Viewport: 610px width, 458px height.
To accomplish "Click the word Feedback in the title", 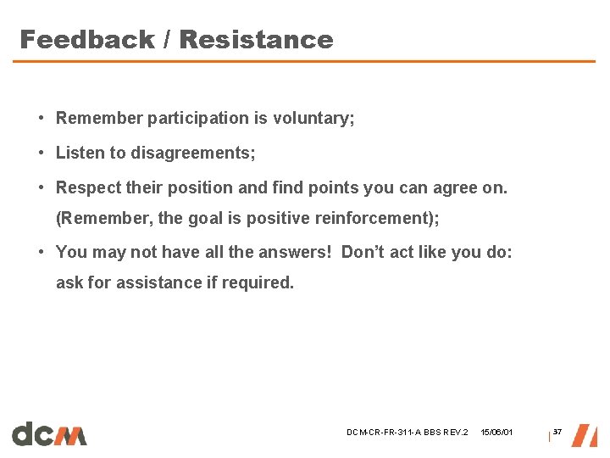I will click(x=86, y=40).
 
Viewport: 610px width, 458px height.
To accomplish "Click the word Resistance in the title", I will click(x=256, y=40).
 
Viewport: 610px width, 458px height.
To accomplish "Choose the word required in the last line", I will click(x=261, y=282).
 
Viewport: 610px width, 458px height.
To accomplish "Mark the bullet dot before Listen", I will click(x=41, y=154).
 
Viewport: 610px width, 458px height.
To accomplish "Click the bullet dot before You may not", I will click(x=41, y=252).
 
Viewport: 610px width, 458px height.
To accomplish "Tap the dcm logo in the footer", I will click(x=49, y=433).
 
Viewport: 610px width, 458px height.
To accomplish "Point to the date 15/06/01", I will click(x=496, y=433).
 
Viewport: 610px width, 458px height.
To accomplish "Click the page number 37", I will click(x=557, y=433).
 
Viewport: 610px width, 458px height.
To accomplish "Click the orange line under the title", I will click(x=305, y=61).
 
